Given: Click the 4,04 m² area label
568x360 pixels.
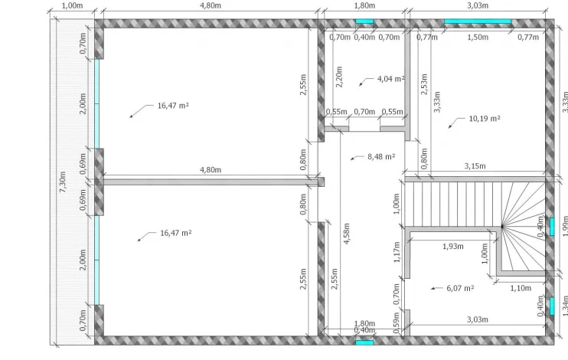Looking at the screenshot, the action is pos(391,79).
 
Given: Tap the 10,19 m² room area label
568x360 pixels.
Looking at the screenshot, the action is pos(485,119).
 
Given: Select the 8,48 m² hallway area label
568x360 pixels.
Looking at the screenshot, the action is pos(381,156).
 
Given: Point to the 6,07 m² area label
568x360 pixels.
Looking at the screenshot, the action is pos(460,288).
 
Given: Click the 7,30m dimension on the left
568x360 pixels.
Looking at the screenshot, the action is pos(62,182).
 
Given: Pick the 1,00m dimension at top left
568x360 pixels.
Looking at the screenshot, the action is pos(72,5).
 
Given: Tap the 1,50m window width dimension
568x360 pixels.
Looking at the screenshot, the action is pos(478,37).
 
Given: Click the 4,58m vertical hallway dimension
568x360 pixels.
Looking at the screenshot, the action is pos(346,234).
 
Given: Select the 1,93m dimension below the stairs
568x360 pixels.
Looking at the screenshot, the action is pos(453,246).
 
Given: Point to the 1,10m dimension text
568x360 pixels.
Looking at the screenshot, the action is pos(521,288).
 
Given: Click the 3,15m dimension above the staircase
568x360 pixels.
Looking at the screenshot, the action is pos(475,166).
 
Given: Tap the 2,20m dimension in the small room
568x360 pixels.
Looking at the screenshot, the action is pos(339,77).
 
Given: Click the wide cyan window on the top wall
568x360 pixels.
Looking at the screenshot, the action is pos(478,21).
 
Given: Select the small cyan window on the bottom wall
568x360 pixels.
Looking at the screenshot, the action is pos(364,342).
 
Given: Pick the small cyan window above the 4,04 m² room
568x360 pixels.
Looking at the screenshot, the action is pos(364,21).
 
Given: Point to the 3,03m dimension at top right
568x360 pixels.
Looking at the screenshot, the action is pos(478,5).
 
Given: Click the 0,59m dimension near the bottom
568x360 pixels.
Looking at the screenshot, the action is pos(397,322).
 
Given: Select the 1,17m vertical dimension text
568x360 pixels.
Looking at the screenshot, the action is pos(397,252).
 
